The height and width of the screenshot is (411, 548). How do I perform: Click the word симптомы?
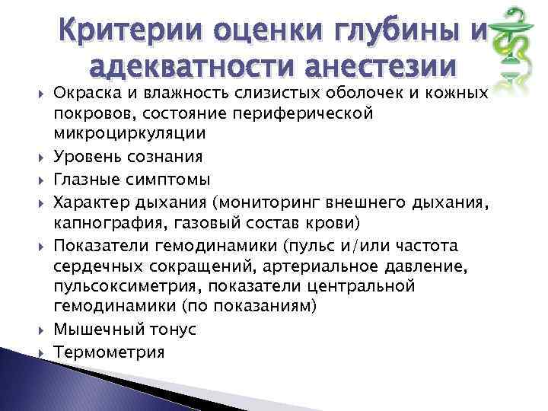point(156,179)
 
